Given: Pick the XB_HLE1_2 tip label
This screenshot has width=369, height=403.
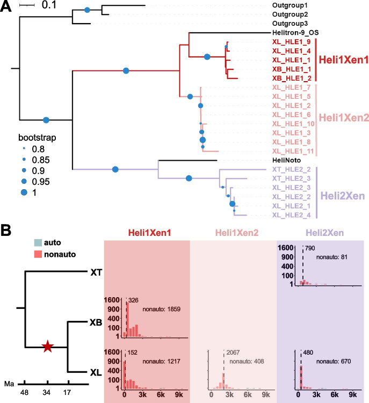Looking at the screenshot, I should tap(296, 77).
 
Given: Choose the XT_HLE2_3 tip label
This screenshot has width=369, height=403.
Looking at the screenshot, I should tap(296, 178).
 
